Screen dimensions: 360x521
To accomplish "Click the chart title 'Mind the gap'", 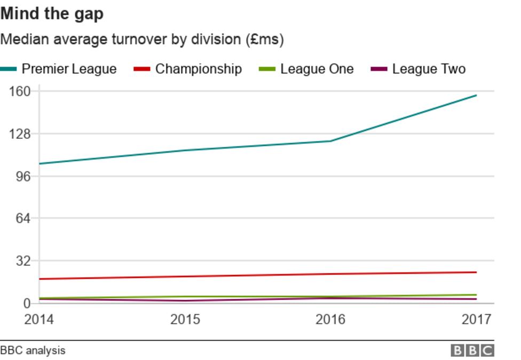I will coord(52,13).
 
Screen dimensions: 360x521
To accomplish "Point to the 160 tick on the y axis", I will coord(21,91).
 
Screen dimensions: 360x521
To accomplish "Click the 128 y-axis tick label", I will coord(21,134).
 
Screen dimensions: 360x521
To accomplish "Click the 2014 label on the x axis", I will coord(39,319).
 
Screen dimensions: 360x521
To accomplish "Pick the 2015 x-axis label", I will coord(185,319).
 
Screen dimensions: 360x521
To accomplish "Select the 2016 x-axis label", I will coord(330,319).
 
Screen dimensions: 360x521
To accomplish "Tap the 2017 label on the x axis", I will coord(476,319).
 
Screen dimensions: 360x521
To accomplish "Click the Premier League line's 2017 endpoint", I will coord(476,96).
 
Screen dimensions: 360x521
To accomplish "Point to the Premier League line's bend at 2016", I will coord(330,141).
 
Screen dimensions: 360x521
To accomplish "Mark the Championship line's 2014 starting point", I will coord(40,279).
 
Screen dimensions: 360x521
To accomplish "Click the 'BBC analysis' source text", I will coord(33,350).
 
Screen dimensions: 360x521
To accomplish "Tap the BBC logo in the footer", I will coord(472,350).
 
